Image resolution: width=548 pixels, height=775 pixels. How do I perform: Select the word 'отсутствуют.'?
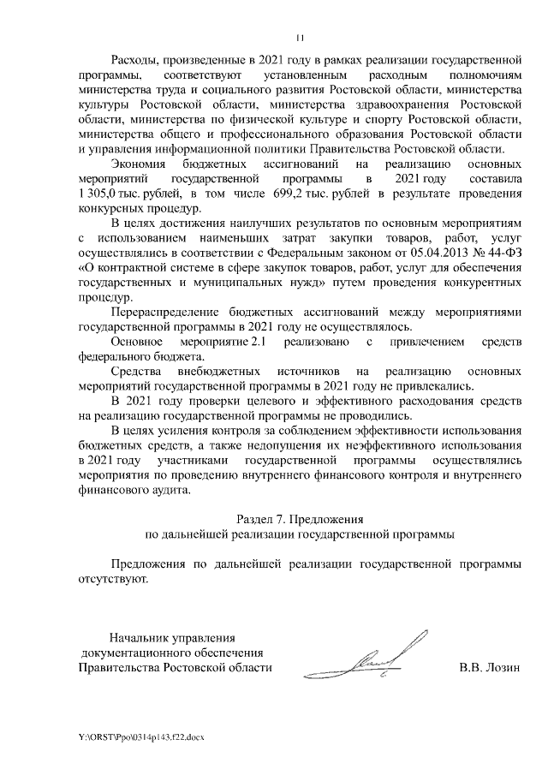(112, 579)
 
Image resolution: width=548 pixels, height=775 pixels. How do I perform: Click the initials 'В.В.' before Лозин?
(471, 667)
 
